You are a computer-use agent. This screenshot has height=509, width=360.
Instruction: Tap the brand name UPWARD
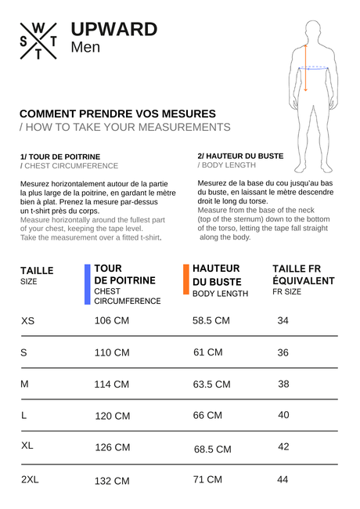pyautogui.click(x=113, y=29)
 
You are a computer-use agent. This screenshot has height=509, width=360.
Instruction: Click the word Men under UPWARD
pyautogui.click(x=85, y=47)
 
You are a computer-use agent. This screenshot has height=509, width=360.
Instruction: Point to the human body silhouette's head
pyautogui.click(x=311, y=30)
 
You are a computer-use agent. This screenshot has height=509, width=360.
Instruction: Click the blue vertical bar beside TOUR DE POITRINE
pyautogui.click(x=87, y=284)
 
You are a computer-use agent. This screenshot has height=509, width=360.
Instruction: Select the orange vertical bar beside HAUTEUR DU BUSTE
pyautogui.click(x=185, y=280)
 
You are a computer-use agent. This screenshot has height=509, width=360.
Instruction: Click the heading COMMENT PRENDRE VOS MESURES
pyautogui.click(x=117, y=114)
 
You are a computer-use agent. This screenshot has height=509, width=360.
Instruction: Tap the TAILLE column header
pyautogui.click(x=37, y=270)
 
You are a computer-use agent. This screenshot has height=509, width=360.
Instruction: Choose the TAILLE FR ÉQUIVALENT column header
pyautogui.click(x=303, y=274)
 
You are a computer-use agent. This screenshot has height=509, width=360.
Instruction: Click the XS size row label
pyautogui.click(x=28, y=321)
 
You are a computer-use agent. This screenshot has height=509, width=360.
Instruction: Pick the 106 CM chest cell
pyautogui.click(x=112, y=321)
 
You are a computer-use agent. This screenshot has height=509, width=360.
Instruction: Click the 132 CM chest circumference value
pyautogui.click(x=112, y=481)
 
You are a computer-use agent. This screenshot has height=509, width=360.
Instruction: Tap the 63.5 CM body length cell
pyautogui.click(x=211, y=384)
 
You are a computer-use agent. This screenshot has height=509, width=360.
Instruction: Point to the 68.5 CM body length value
pyautogui.click(x=213, y=449)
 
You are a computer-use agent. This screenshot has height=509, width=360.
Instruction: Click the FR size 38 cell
pyautogui.click(x=283, y=384)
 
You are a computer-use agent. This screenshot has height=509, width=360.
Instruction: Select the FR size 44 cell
pyautogui.click(x=283, y=479)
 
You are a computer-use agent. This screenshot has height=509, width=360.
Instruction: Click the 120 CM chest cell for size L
pyautogui.click(x=112, y=416)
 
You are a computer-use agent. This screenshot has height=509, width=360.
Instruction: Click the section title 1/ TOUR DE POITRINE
pyautogui.click(x=60, y=157)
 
